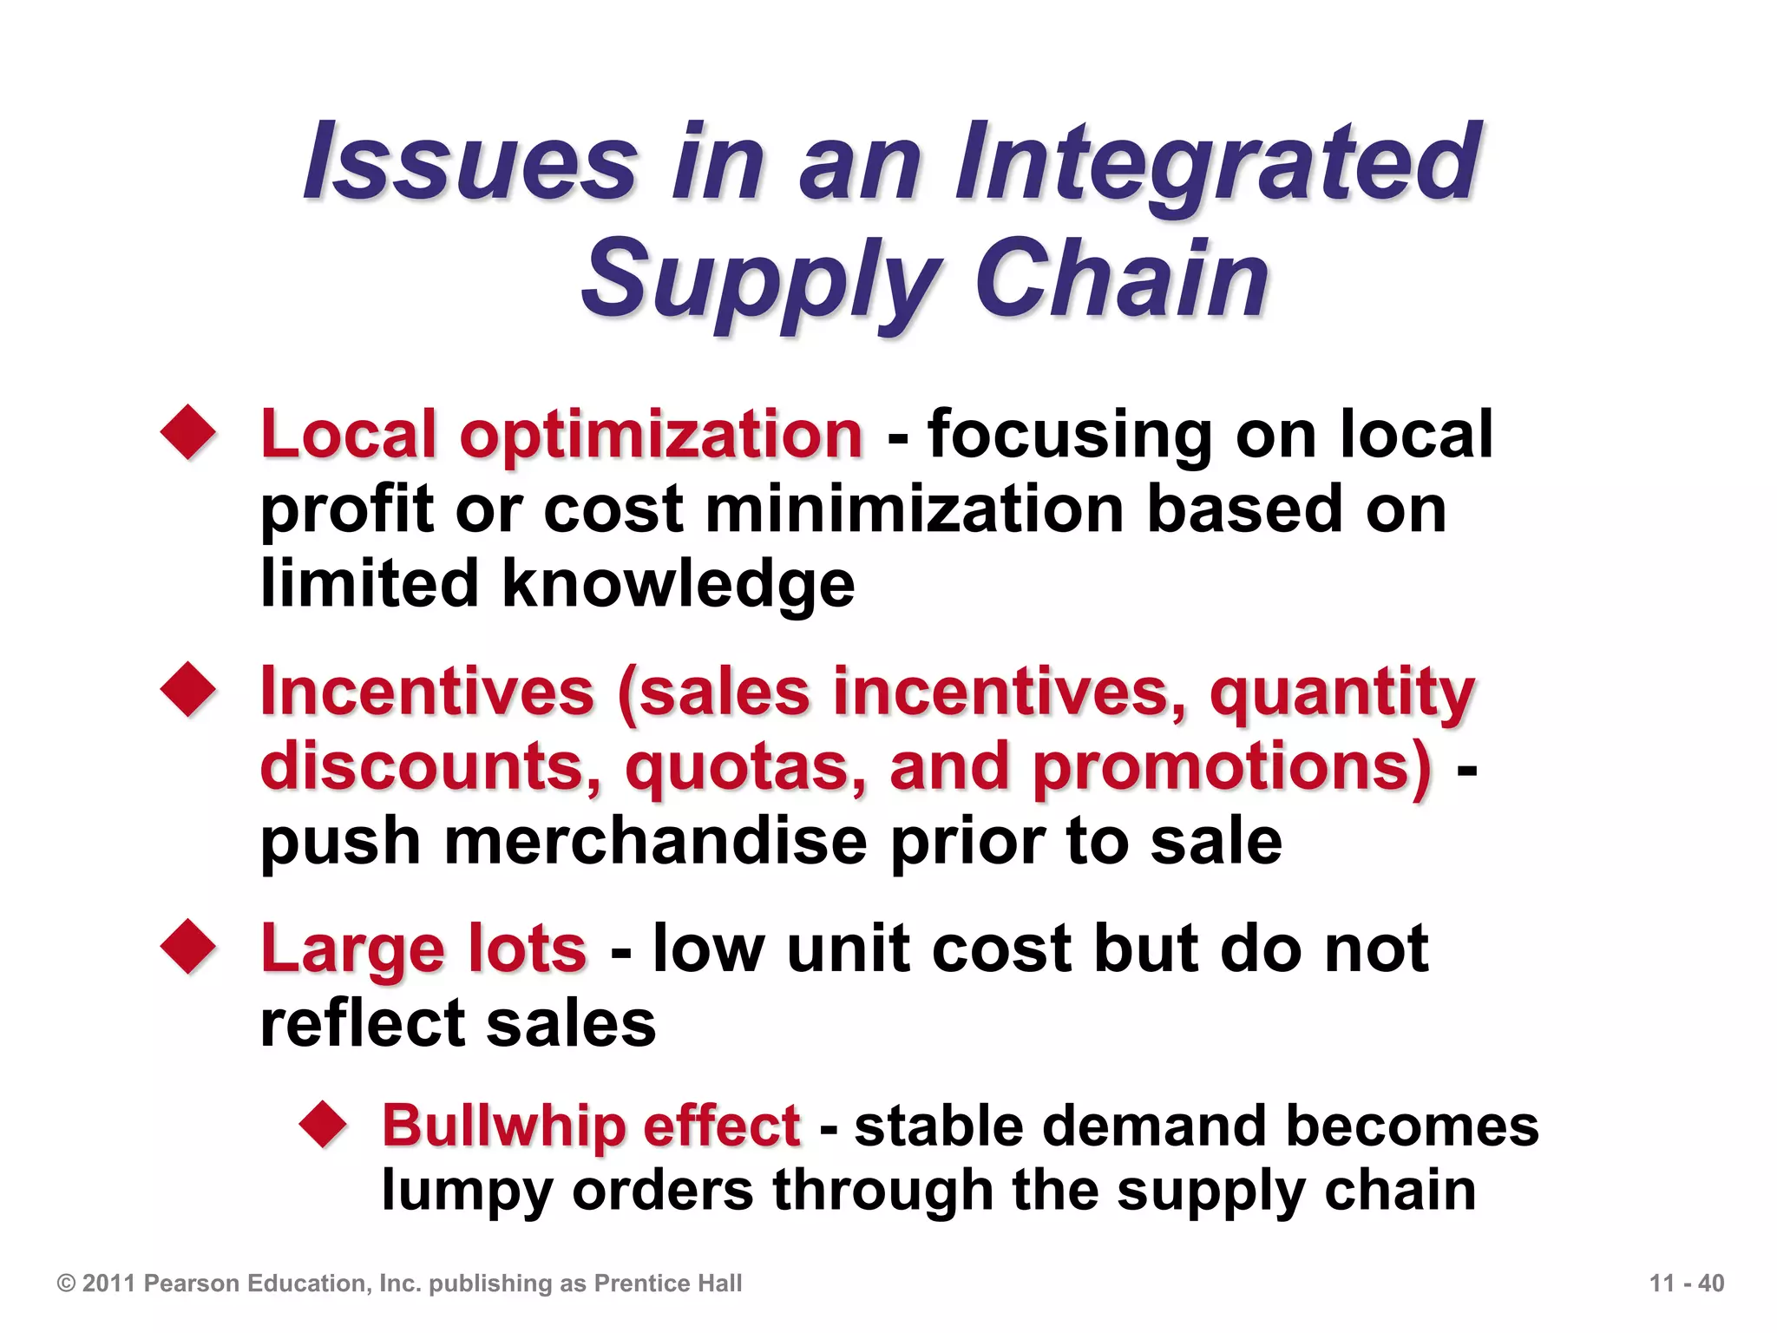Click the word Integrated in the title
tap(1219, 165)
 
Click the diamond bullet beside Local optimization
tap(188, 431)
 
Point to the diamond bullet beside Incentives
tap(188, 690)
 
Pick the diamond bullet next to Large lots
tap(188, 947)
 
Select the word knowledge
tap(679, 583)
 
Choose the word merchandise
tap(655, 842)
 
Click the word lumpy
tap(467, 1191)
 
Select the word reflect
tap(364, 1024)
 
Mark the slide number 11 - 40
tap(1686, 1284)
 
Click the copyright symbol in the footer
tap(66, 1284)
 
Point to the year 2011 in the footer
tap(109, 1284)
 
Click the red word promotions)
tap(1232, 767)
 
